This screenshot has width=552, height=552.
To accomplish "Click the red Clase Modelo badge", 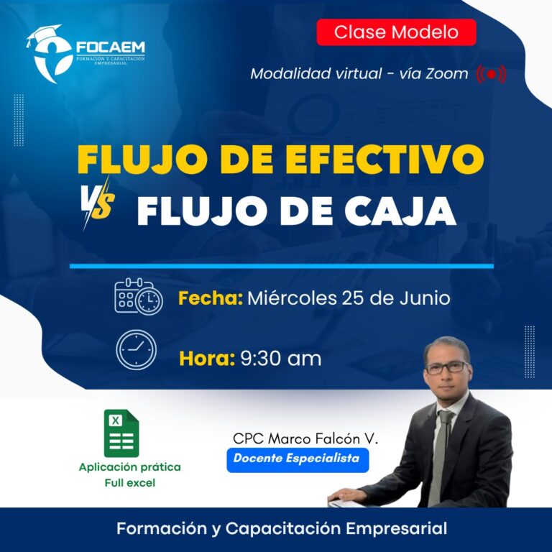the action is [397, 32].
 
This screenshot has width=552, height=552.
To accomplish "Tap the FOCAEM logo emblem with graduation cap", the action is [51, 54].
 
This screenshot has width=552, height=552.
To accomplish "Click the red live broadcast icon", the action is [491, 74].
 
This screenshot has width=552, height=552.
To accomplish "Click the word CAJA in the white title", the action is [400, 211].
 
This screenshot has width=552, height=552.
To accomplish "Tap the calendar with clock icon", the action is [139, 296].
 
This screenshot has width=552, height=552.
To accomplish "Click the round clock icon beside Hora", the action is [137, 349].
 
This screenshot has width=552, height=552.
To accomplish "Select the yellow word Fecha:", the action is [211, 298].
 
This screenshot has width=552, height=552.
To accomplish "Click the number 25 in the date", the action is [353, 298].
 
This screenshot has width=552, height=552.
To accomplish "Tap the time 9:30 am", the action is [280, 359].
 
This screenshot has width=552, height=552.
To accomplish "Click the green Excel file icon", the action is [121, 433].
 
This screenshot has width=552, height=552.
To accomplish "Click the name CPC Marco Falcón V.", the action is [305, 438].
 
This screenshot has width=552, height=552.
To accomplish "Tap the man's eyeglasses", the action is [447, 367].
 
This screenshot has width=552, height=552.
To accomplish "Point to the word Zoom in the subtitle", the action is [447, 74].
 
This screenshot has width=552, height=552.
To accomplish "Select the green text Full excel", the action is [130, 483].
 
